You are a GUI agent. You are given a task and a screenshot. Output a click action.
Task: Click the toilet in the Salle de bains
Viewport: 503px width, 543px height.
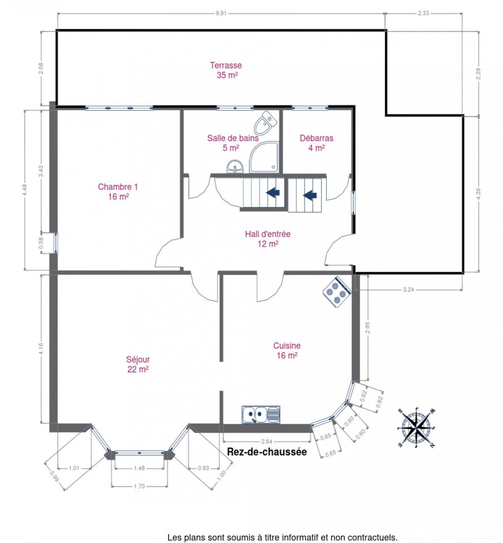point(265,123)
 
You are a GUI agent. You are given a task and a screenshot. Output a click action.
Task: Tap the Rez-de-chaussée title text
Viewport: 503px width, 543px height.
point(266,452)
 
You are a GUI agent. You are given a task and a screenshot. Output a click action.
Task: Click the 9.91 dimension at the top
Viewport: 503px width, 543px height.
point(221,14)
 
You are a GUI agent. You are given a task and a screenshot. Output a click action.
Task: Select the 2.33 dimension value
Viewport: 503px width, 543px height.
point(423,13)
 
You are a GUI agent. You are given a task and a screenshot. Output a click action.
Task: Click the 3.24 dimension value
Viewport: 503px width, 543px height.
point(408,290)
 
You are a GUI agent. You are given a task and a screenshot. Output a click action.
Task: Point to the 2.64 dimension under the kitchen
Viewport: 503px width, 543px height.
point(267,441)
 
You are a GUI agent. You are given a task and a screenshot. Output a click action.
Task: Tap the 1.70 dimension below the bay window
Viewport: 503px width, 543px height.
point(139,486)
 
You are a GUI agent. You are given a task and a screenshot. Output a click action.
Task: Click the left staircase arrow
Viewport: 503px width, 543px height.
point(272,193)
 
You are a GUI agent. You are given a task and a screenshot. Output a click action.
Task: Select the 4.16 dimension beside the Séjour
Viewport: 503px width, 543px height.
point(41,348)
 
